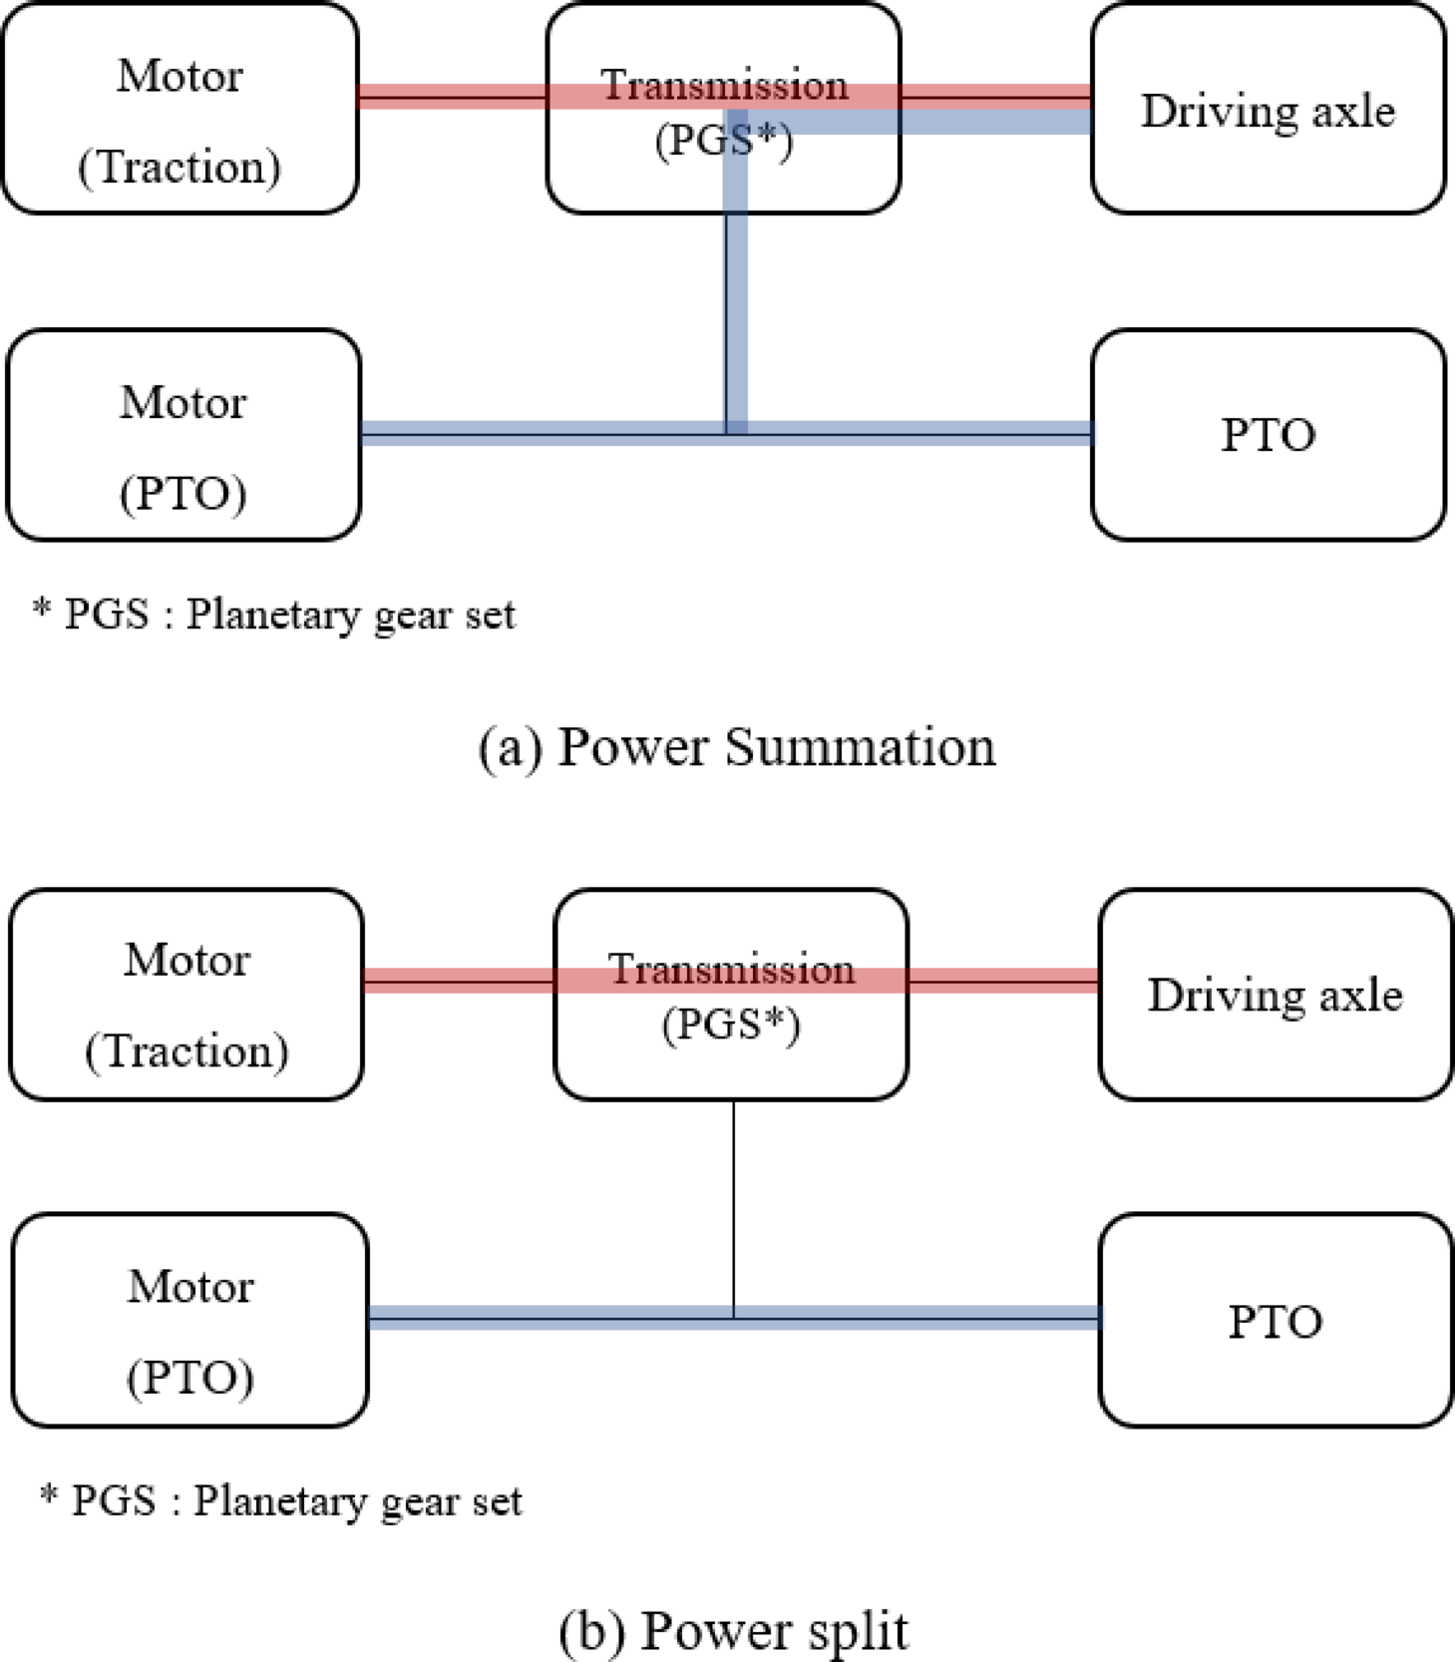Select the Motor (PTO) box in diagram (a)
183,436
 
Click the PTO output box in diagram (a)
1268,436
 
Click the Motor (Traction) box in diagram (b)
186,995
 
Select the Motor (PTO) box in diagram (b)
189,1320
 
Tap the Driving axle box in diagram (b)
1274,995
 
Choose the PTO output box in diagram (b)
1274,1320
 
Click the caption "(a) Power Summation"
736,746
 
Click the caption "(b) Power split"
733,1631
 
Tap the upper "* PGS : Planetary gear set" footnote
274,615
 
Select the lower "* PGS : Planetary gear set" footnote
280,1500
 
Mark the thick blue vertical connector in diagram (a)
736,319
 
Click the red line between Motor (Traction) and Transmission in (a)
452,96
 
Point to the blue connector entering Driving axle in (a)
997,122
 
